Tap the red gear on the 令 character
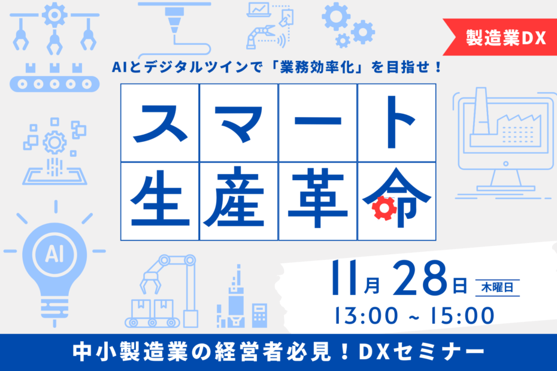384,208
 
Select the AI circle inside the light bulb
55,254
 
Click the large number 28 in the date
419,278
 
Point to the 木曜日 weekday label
497,287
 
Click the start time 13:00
366,315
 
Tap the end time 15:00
462,315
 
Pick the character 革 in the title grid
317,198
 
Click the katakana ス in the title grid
160,123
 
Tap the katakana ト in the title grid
399,122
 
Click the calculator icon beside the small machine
259,315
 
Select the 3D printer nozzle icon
174,20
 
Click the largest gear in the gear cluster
335,16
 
